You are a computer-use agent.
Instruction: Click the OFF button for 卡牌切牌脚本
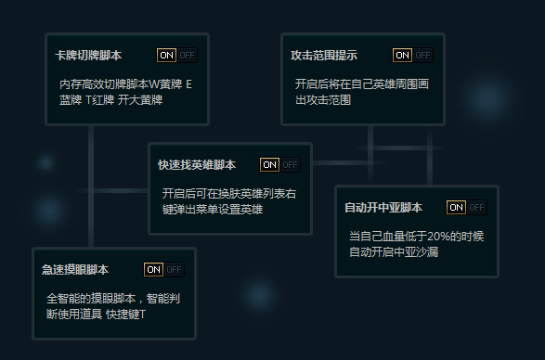(x=188, y=56)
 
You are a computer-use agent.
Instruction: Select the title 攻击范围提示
(x=324, y=56)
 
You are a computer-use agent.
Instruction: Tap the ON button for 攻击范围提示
(x=402, y=56)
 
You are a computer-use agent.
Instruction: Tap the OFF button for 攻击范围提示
(x=423, y=56)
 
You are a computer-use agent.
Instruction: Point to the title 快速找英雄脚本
(x=197, y=165)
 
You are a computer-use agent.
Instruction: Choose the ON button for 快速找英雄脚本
(x=269, y=165)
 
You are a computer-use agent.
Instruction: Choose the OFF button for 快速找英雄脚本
(x=291, y=165)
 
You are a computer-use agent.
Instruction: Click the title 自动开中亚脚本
(x=383, y=208)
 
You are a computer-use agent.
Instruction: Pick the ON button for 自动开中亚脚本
(x=456, y=208)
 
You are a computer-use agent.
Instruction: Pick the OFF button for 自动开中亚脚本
(x=477, y=208)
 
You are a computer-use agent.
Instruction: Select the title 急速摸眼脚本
(x=75, y=270)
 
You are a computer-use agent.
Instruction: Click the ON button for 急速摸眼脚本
(x=153, y=270)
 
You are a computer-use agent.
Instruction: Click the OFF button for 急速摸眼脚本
(x=175, y=270)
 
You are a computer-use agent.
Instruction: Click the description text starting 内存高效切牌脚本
(x=125, y=92)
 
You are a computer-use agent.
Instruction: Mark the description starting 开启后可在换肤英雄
(x=228, y=201)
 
